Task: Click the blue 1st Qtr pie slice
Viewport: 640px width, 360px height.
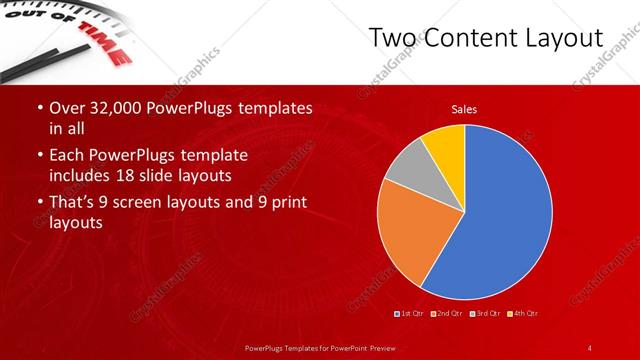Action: (x=505, y=215)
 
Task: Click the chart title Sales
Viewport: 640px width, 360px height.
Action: (x=464, y=108)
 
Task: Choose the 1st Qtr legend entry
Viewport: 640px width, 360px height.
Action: (x=409, y=314)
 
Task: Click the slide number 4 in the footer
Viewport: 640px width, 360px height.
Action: (x=591, y=347)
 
